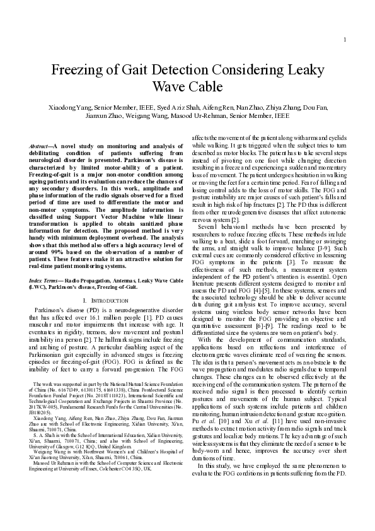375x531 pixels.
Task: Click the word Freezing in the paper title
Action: click(x=78, y=70)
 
